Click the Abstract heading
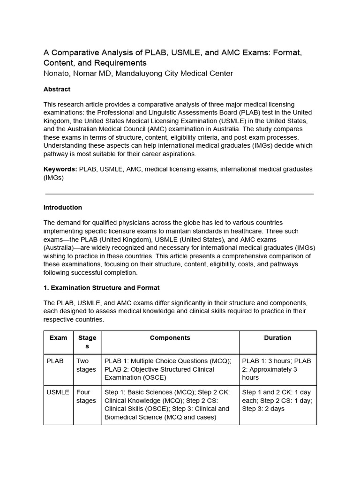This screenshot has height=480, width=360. [x=57, y=89]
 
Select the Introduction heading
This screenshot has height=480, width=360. [x=62, y=207]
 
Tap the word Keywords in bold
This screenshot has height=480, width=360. [x=60, y=169]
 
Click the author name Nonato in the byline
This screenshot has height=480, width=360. [x=57, y=73]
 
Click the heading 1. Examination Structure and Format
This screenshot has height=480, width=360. [x=101, y=287]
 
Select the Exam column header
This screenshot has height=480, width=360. [x=58, y=337]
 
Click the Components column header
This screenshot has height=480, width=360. [x=170, y=337]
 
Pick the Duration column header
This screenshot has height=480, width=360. [x=277, y=337]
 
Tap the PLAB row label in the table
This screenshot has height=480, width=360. [x=55, y=361]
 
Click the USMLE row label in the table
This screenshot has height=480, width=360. [x=58, y=392]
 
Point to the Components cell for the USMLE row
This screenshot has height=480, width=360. [x=170, y=405]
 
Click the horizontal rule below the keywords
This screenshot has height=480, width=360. [x=180, y=194]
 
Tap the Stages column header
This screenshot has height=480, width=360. [x=87, y=342]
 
